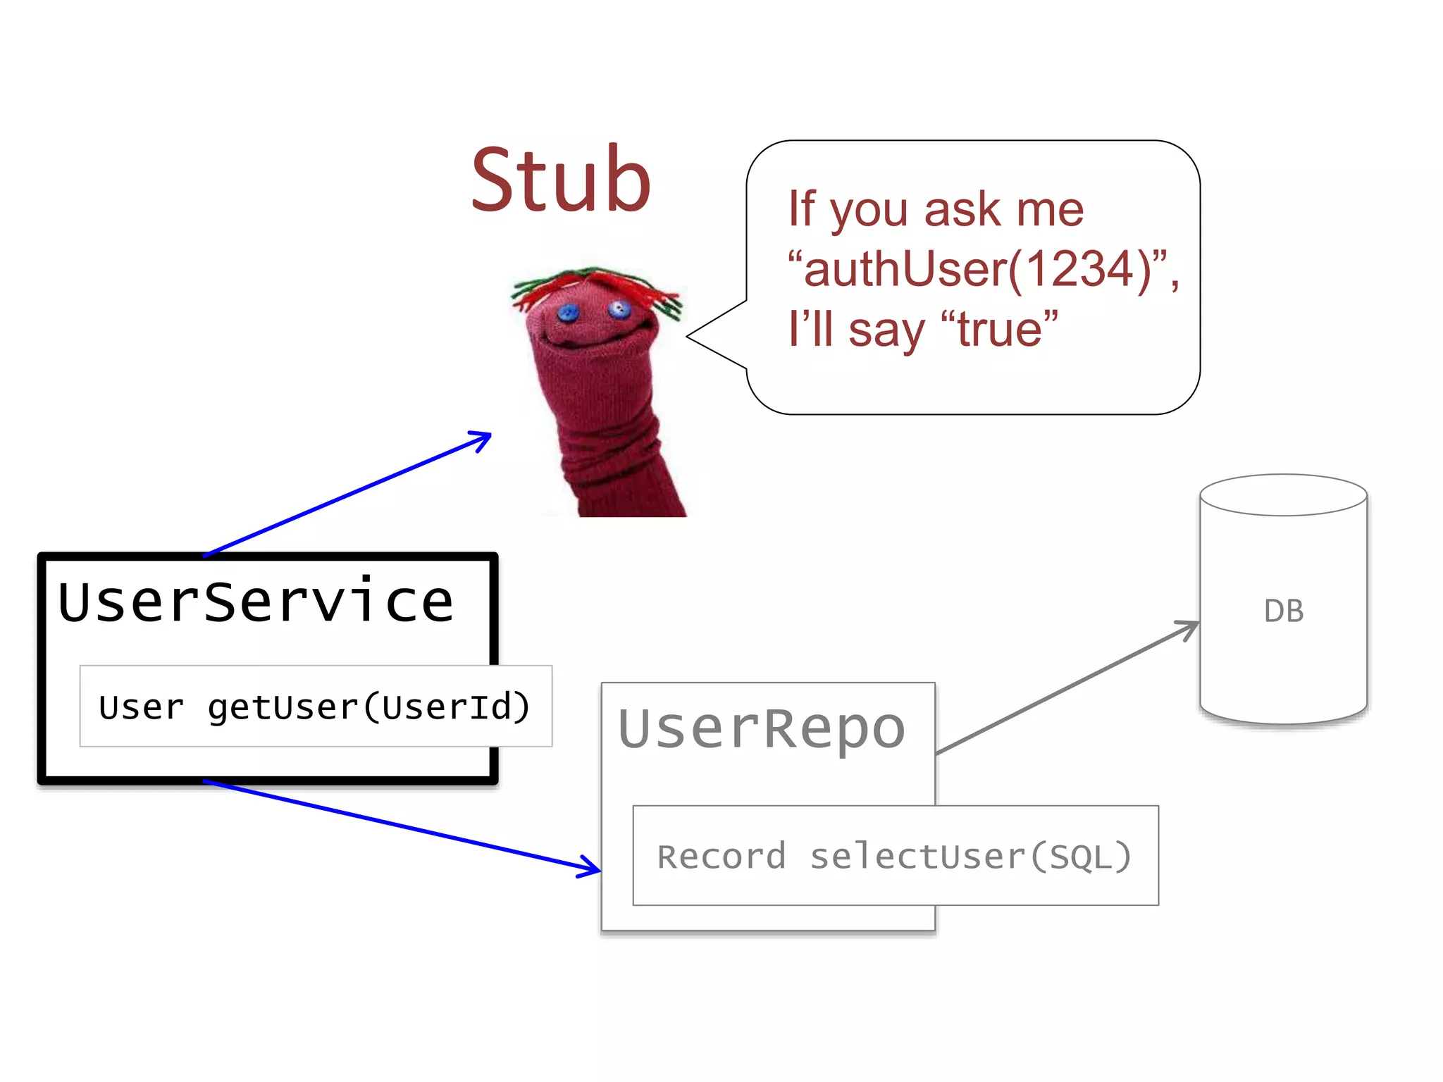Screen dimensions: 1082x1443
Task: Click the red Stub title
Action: pos(561,180)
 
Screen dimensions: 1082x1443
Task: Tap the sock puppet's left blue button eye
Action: pos(568,313)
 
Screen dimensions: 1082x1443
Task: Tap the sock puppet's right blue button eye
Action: pos(619,309)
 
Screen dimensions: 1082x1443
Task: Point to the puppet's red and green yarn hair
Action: pos(595,285)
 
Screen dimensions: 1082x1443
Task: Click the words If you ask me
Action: pos(936,209)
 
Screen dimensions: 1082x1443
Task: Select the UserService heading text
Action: pos(256,603)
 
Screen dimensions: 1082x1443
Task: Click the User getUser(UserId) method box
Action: pos(315,707)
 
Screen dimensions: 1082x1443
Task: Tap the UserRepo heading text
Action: pos(761,729)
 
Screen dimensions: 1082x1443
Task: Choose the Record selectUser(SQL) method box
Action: pos(895,856)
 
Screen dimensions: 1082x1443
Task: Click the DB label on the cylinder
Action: pos(1283,611)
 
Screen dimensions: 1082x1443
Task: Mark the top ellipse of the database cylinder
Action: pos(1283,495)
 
